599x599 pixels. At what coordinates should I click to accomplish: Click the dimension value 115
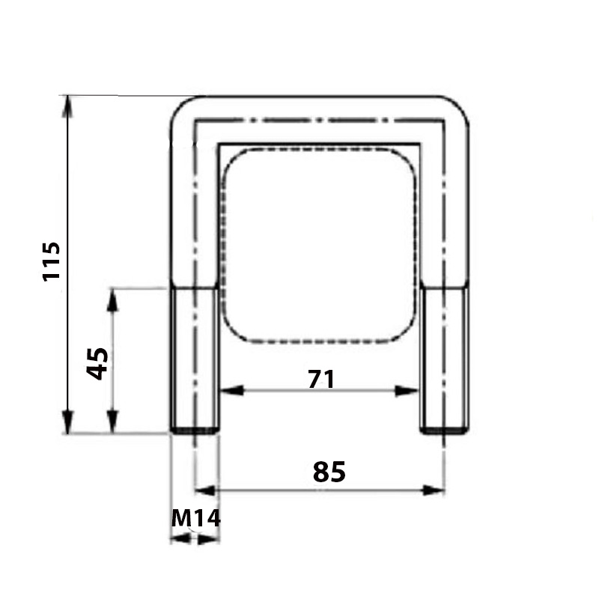point(52,261)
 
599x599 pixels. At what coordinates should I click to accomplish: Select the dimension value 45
point(97,364)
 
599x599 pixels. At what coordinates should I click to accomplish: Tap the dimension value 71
point(321,379)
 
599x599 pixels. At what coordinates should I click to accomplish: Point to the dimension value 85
point(329,472)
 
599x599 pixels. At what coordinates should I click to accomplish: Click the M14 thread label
point(196,518)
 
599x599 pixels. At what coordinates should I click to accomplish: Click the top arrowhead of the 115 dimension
point(67,107)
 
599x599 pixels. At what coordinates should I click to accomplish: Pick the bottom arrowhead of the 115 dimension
point(67,422)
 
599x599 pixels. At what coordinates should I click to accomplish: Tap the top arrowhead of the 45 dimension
point(112,300)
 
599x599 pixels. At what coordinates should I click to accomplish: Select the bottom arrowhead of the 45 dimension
point(112,422)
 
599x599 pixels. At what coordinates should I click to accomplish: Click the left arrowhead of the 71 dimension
point(232,391)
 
